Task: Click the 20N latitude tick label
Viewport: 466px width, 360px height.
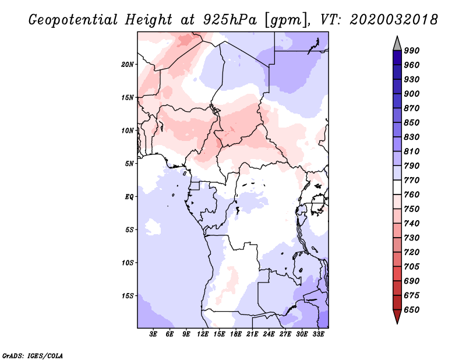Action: tap(128, 65)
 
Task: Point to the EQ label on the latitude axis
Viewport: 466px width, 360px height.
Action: tap(129, 197)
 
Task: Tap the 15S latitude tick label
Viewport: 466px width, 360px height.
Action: tap(128, 296)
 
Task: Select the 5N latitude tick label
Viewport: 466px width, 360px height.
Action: tap(129, 164)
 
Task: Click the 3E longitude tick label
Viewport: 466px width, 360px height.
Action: tap(153, 334)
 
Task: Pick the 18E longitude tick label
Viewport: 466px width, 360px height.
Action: tap(236, 334)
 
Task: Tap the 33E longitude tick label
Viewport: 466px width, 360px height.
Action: tap(318, 334)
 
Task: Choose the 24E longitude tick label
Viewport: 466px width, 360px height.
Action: tap(269, 334)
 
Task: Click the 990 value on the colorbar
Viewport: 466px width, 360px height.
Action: tap(412, 51)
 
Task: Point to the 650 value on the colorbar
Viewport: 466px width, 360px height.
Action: tap(412, 310)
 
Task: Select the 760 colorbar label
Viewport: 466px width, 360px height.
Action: tap(412, 195)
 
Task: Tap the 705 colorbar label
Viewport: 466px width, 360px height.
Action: tap(412, 266)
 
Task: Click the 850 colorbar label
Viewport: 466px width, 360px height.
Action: tap(412, 122)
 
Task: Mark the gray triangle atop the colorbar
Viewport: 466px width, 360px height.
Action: tap(397, 44)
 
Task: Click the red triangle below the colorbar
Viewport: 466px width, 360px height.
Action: tap(397, 316)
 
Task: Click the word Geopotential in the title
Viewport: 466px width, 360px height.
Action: tap(73, 20)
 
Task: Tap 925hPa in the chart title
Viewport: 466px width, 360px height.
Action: tap(230, 20)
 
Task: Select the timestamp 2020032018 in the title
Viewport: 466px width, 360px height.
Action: tap(394, 19)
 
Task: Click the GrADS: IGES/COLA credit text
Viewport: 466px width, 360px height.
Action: tap(33, 356)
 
